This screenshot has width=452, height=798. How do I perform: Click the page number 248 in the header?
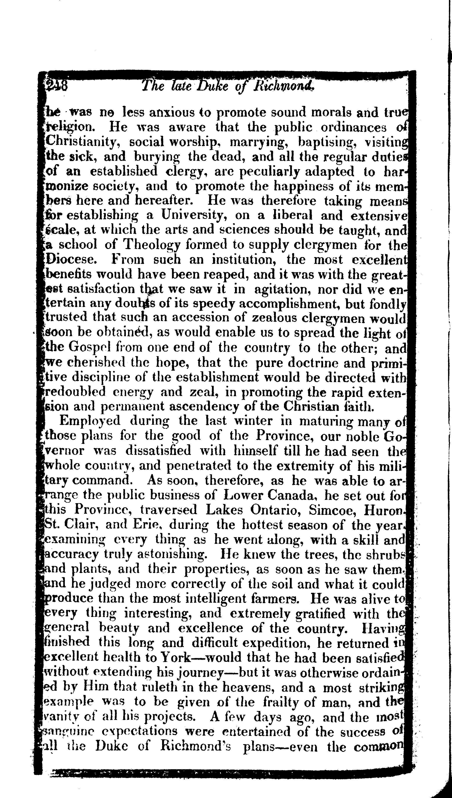click(56, 85)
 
